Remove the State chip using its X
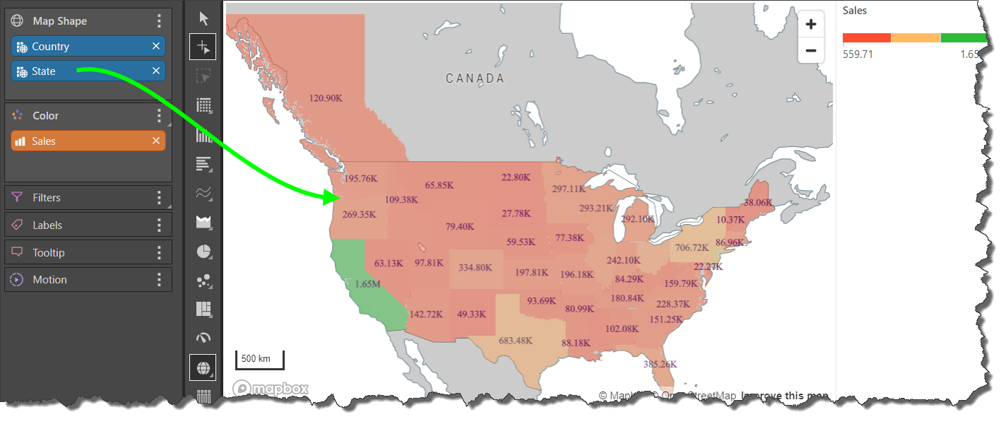(x=156, y=71)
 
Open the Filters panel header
(x=47, y=198)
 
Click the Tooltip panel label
(x=48, y=252)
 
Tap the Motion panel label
(x=49, y=280)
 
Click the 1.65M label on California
(x=367, y=284)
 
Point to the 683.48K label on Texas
(x=516, y=341)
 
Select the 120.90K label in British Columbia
(x=326, y=98)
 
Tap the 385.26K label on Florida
(x=660, y=365)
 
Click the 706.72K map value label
(x=692, y=248)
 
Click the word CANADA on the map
(x=475, y=78)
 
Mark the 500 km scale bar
(x=259, y=360)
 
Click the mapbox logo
(x=271, y=389)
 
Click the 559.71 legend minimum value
(x=858, y=54)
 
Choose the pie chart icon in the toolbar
(x=203, y=252)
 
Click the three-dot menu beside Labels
(x=160, y=225)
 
